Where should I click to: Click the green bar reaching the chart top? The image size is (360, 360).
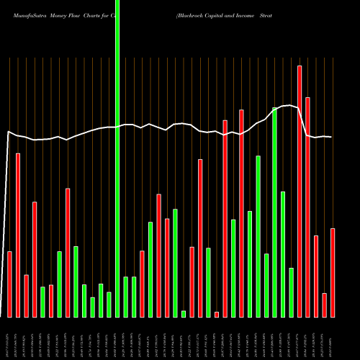pos(117,158)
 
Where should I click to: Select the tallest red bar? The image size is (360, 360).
pos(300,191)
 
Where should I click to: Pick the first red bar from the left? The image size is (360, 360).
pos(10,284)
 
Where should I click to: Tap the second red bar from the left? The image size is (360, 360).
pos(18,235)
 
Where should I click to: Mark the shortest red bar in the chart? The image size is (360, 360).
pos(217,314)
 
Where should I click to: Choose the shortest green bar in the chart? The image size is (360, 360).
pos(184,313)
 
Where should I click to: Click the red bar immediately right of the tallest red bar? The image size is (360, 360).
pos(307,207)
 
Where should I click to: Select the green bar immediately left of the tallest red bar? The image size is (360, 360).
pos(291,292)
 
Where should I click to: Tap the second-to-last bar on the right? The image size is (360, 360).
pos(324,305)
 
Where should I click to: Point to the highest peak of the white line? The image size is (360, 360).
pos(288,106)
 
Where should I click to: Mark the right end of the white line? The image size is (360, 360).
pos(331,137)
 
